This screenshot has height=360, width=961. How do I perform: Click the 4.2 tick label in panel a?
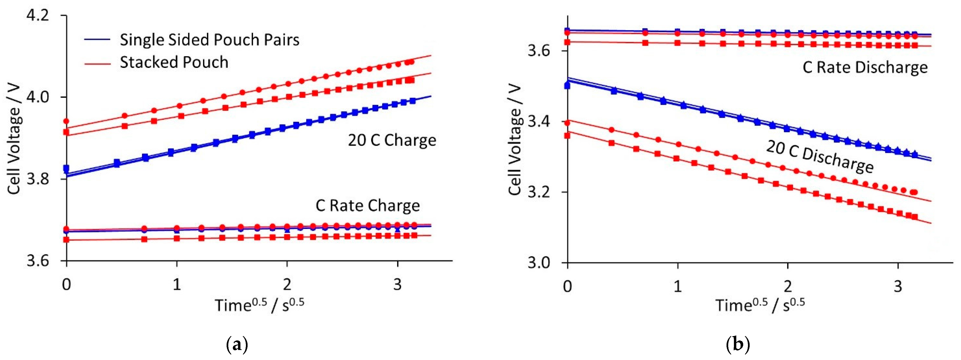[x=37, y=16]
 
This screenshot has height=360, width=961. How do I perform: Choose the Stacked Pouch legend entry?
[x=174, y=62]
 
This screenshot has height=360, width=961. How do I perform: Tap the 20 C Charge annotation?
[x=392, y=140]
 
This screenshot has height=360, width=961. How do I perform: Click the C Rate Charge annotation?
[x=367, y=206]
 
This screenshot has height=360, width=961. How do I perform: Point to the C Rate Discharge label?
[x=865, y=67]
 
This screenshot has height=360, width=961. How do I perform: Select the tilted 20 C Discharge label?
[x=820, y=157]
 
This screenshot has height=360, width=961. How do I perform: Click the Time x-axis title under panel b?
[x=760, y=305]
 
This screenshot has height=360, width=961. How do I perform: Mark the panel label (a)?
[x=237, y=345]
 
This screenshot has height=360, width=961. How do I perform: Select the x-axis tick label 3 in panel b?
[x=898, y=286]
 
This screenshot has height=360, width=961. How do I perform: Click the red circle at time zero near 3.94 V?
[x=66, y=121]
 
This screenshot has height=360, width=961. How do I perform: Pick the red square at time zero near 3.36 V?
[x=567, y=135]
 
